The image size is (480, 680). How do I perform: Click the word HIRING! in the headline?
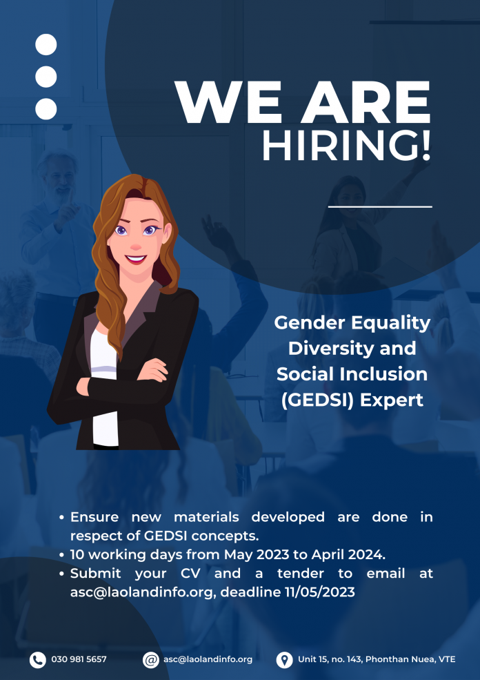click(x=347, y=146)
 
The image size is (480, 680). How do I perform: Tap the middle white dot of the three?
click(x=46, y=77)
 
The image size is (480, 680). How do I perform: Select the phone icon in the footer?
click(x=38, y=659)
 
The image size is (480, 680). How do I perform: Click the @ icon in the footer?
click(x=151, y=659)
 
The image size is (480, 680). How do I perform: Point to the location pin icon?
click(x=284, y=659)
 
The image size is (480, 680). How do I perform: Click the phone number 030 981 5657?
click(x=79, y=659)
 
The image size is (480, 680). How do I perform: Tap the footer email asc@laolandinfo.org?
click(x=208, y=659)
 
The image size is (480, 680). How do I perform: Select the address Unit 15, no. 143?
click(x=330, y=659)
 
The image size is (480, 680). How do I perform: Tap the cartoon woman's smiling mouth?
click(x=136, y=260)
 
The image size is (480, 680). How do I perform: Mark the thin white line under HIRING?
click(x=381, y=207)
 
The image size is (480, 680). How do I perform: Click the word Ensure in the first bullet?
click(x=94, y=517)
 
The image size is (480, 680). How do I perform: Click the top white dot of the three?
click(x=46, y=45)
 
